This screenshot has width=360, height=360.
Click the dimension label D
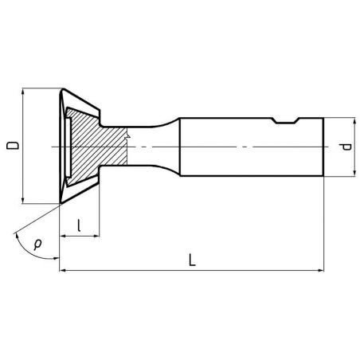(x=13, y=146)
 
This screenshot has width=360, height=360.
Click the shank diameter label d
(x=346, y=147)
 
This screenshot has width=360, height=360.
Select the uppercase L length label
(x=192, y=260)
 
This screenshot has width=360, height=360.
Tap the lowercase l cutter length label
(x=79, y=225)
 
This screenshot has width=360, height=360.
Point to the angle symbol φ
(x=37, y=244)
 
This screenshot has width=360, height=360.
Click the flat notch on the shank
(x=285, y=121)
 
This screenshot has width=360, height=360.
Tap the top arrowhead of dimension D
(x=23, y=92)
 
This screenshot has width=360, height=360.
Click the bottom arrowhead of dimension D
(x=23, y=200)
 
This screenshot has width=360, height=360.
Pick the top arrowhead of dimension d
(x=354, y=121)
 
